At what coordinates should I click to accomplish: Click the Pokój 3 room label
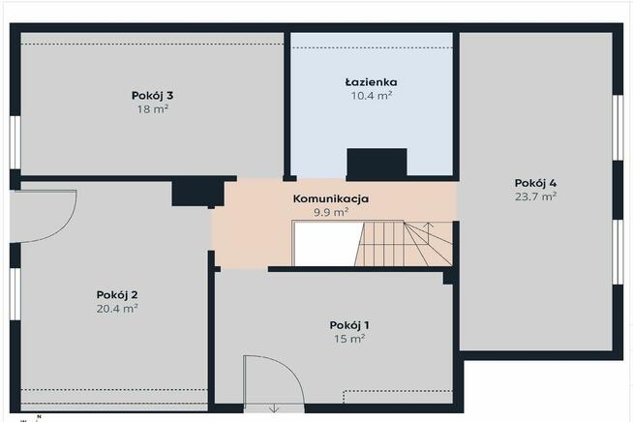point(152,95)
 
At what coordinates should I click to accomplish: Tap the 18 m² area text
point(152,109)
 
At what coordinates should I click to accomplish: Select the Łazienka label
point(371,82)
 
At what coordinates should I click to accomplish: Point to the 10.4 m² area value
point(371,96)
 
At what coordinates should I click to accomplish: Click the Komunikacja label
point(331,198)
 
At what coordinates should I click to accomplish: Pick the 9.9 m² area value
point(331,212)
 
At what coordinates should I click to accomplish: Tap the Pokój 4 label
point(535,182)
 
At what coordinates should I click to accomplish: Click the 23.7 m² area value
point(535,196)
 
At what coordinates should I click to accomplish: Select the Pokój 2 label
point(117,294)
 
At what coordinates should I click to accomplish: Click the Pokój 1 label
point(349,324)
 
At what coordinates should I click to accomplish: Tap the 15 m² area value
point(349,339)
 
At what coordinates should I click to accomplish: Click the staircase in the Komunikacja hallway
point(407,243)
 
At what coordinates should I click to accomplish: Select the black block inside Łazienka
point(377,163)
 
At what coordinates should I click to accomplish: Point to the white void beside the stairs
point(326,243)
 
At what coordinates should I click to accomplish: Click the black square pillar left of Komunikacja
point(191,192)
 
